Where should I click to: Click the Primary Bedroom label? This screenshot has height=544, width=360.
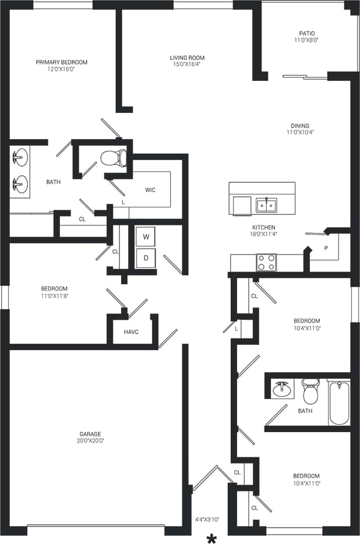61,62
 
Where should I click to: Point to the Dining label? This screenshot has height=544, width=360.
301,126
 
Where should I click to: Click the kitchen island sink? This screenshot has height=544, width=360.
266,205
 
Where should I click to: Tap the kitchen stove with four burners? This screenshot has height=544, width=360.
266,262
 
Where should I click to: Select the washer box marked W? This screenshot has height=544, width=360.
146,237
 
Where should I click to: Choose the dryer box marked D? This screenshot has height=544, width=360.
146,257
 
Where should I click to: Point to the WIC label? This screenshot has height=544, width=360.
150,190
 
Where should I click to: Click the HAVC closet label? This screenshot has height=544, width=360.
131,332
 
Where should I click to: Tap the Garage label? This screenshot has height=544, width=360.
90,434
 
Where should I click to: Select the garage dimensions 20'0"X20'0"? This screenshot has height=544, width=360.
90,441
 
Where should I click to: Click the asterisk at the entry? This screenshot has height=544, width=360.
211,538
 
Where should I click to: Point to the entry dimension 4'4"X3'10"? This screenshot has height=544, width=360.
206,519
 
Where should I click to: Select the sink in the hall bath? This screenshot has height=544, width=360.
283,388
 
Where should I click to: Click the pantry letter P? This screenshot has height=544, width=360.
326,248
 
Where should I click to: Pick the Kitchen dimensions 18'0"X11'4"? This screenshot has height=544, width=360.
264,234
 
